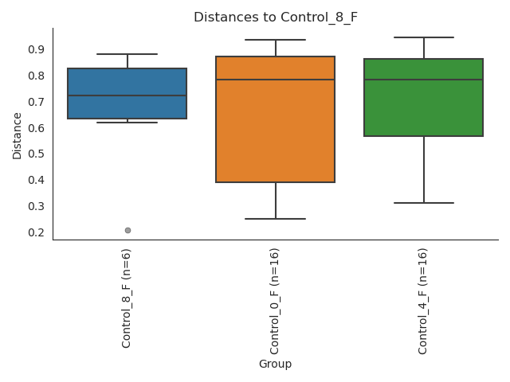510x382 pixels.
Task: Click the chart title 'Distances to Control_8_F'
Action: (275, 17)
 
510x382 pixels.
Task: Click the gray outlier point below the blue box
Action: (127, 230)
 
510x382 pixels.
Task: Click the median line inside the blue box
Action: (127, 95)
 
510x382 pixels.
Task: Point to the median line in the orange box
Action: (275, 80)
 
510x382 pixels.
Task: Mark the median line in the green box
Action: (423, 80)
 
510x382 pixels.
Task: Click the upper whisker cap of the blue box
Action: (127, 54)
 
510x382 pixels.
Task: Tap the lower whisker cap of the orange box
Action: (275, 219)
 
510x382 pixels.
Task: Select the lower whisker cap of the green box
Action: (423, 203)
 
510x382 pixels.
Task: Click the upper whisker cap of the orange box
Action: (275, 40)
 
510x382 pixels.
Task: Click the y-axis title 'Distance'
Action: (18, 135)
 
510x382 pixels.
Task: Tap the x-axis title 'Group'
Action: (275, 364)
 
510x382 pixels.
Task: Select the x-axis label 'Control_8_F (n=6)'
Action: (127, 298)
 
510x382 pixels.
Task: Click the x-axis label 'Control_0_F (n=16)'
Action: (275, 301)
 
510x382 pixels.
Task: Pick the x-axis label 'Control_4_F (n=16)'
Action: (423, 301)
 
